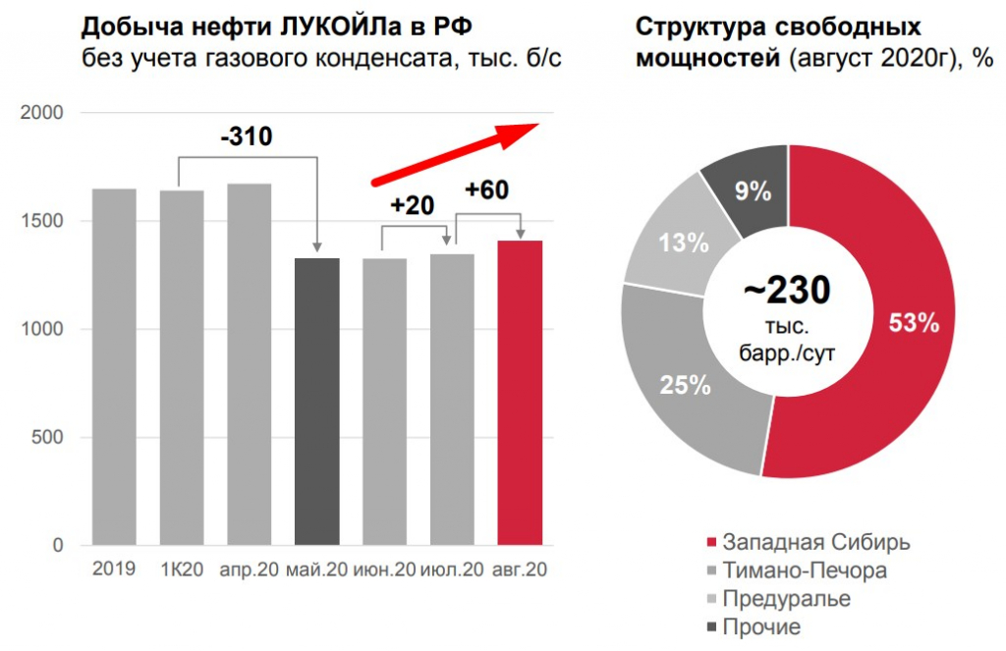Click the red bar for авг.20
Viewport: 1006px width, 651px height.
520,393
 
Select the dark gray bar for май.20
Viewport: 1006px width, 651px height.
317,402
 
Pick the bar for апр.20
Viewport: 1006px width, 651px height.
250,364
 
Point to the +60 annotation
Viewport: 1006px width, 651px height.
486,190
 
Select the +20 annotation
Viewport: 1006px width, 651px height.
412,206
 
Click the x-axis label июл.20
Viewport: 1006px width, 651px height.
452,570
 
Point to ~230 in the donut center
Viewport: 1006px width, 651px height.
788,291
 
